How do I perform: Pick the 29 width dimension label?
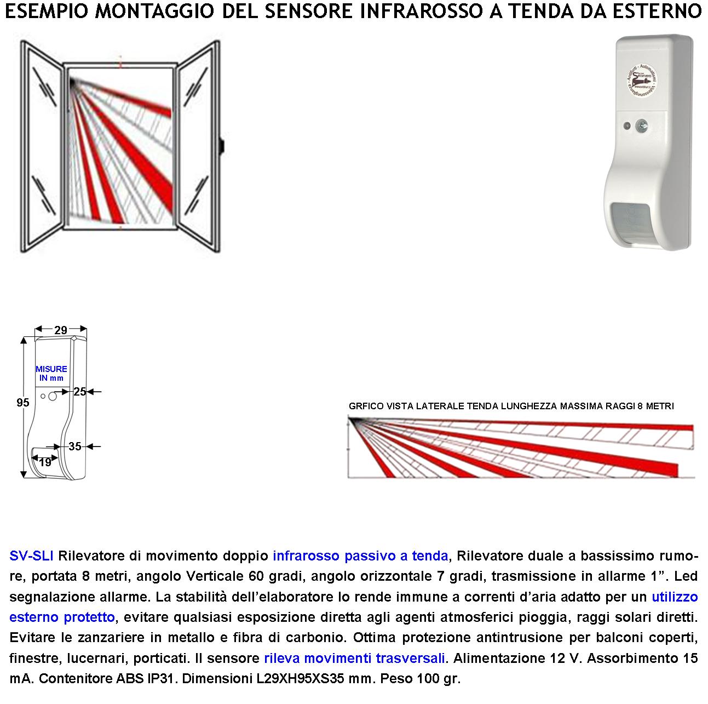click(61, 330)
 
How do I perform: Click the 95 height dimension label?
click(22, 403)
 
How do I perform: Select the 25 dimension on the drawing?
click(80, 392)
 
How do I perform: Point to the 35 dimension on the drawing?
click(75, 447)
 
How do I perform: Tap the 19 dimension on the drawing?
click(45, 462)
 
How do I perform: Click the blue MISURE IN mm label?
click(51, 374)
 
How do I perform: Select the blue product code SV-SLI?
click(31, 556)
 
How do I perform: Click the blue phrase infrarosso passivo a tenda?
click(360, 556)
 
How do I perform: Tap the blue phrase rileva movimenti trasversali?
click(354, 658)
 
